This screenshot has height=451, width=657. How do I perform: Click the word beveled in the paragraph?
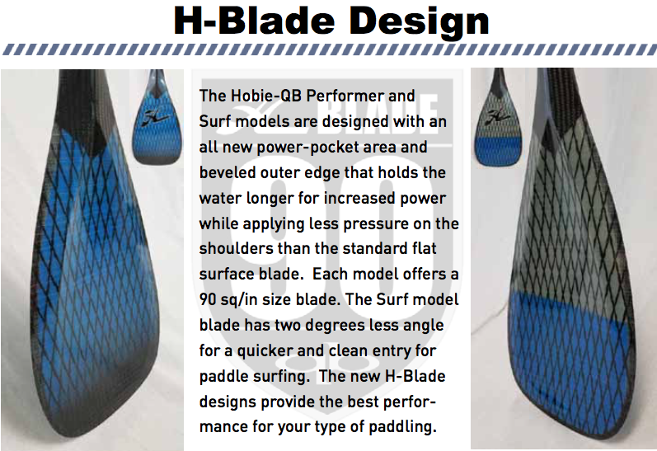coord(228,172)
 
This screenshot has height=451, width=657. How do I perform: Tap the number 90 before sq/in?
coord(208,299)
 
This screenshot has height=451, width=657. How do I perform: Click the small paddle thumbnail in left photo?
coord(157,117)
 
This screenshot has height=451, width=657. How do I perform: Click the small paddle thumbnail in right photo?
coord(498,117)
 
